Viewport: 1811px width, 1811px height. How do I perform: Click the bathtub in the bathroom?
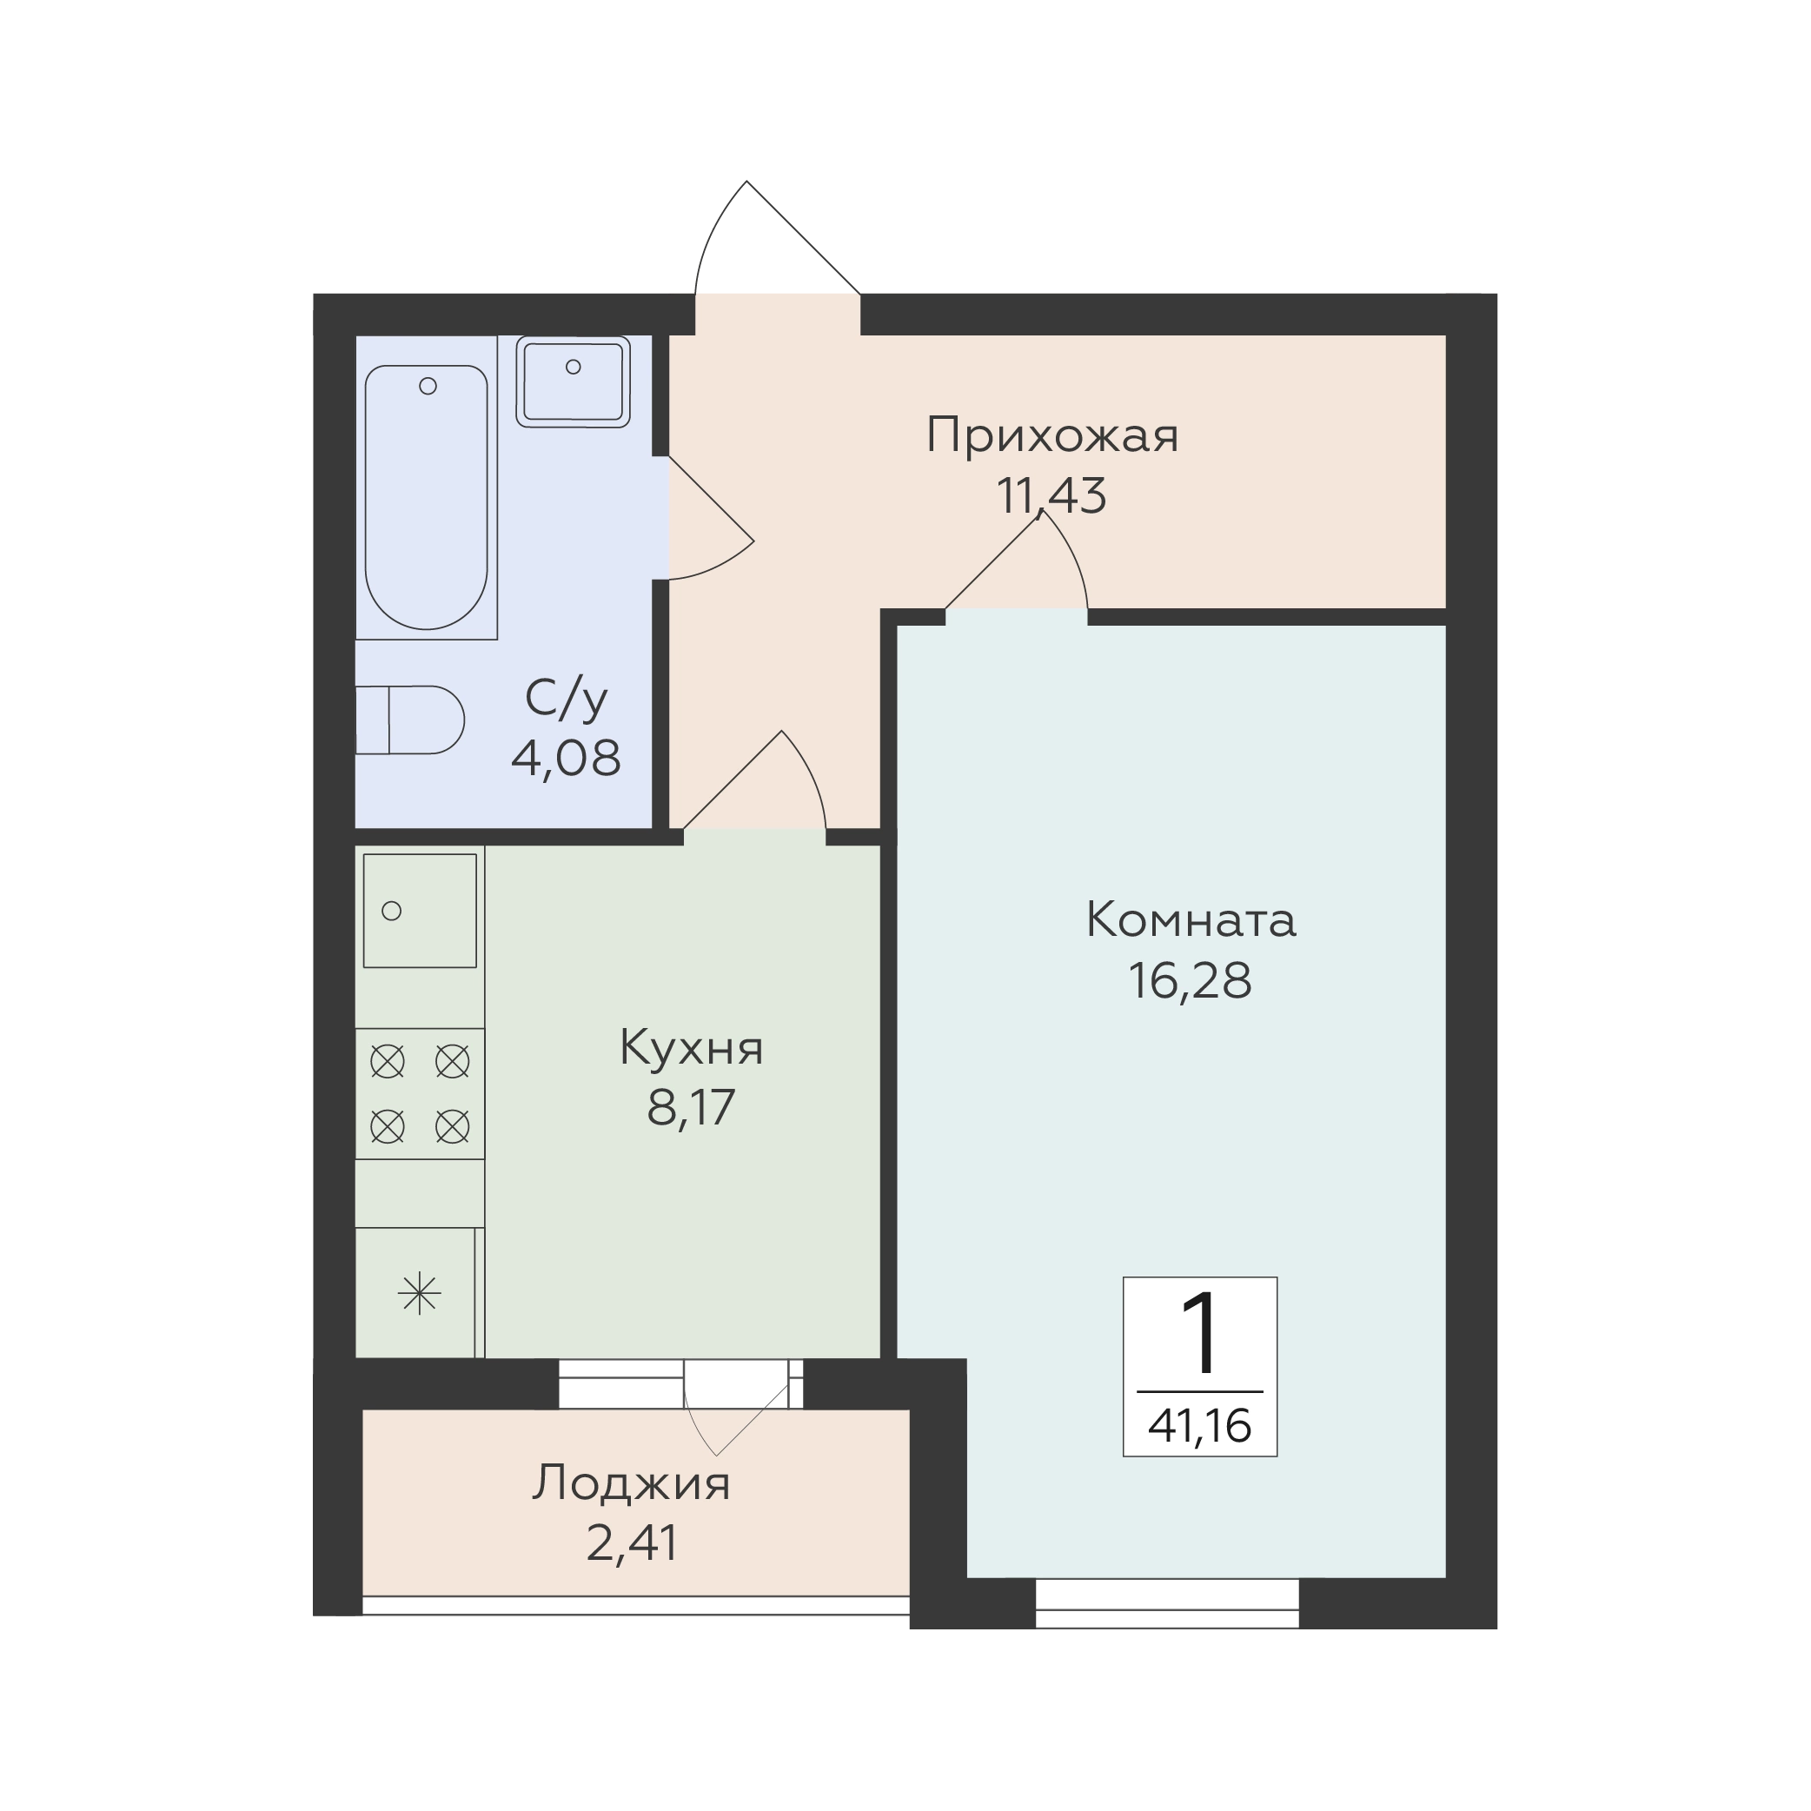(427, 497)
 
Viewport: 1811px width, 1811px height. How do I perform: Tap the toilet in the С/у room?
(409, 720)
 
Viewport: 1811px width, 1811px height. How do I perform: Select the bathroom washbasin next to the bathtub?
(573, 381)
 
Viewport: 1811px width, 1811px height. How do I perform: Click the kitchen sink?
(420, 910)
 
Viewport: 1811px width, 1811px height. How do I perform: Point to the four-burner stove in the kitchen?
(420, 1094)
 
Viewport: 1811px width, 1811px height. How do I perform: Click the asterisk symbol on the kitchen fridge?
(419, 1295)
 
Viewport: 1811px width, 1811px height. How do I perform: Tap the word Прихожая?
(1051, 437)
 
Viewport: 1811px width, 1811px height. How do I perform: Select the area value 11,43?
(1051, 496)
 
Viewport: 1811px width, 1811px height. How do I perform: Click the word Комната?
(1191, 920)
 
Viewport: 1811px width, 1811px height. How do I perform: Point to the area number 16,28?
(1191, 981)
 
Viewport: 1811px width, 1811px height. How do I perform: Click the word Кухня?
(692, 1049)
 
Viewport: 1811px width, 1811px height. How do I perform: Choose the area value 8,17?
(691, 1107)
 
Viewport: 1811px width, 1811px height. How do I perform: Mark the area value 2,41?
(632, 1542)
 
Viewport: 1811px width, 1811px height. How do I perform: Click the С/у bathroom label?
(567, 699)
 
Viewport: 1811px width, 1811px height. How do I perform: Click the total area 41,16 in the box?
(1200, 1427)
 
